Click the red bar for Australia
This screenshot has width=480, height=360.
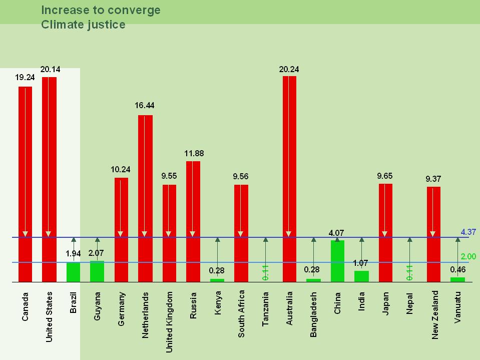pos(289,175)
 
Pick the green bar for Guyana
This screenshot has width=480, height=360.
pos(97,271)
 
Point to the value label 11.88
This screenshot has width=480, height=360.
pos(194,153)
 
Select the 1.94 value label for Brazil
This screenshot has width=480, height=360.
pos(74,253)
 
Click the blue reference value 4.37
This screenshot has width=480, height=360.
pos(468,232)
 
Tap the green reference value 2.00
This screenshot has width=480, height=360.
pos(468,256)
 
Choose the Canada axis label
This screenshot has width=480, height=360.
pos(26,307)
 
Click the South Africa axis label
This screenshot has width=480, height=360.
pos(241,313)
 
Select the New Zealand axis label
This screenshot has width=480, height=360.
pos(434,315)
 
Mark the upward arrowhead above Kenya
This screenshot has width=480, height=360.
pos(217,240)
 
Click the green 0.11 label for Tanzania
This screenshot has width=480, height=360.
pos(266,272)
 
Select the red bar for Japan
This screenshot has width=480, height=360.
pos(385,230)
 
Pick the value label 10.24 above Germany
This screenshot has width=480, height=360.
pos(121,169)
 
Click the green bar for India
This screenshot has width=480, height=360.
pos(361,276)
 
